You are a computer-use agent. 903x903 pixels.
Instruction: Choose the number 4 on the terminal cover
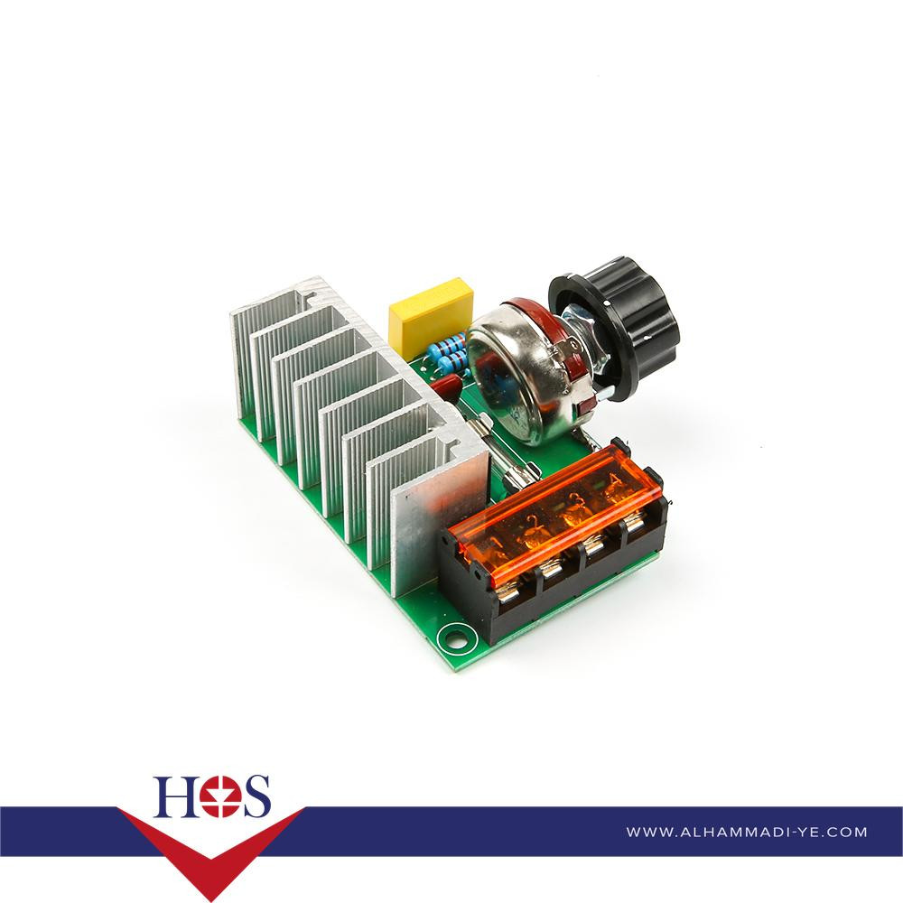(x=613, y=479)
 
